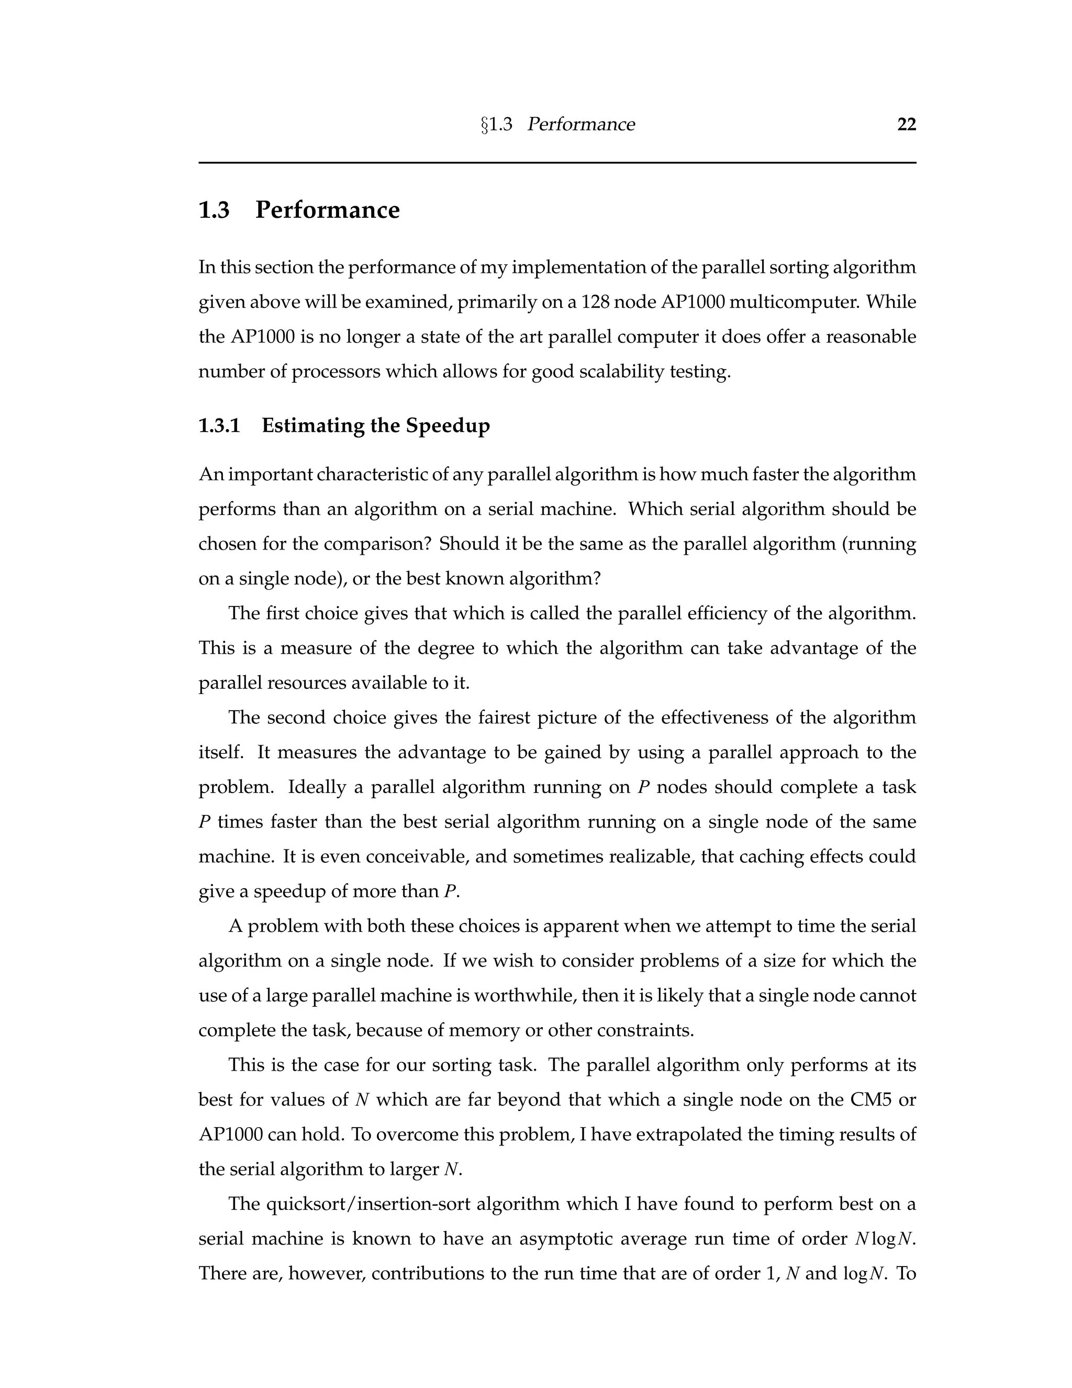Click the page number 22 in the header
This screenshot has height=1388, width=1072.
(906, 125)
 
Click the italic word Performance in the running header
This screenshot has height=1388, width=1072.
(580, 125)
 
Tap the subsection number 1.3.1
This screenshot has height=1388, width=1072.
(219, 425)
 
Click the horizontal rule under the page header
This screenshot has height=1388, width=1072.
(557, 163)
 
